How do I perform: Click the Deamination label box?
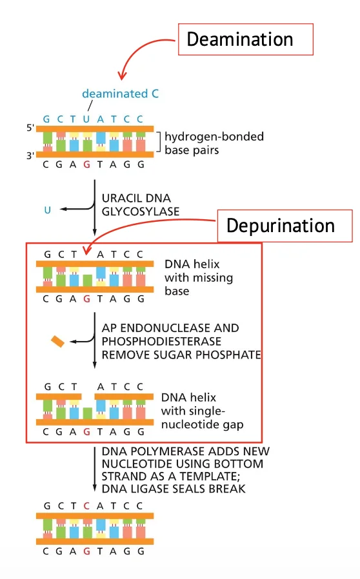pyautogui.click(x=246, y=39)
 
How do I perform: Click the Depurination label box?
pyautogui.click(x=285, y=226)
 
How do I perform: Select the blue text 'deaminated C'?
pyautogui.click(x=121, y=93)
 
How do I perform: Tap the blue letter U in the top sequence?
pyautogui.click(x=86, y=119)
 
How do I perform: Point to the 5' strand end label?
pyautogui.click(x=30, y=128)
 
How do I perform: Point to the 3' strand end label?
pyautogui.click(x=30, y=155)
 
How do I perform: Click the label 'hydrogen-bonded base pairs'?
pyautogui.click(x=214, y=143)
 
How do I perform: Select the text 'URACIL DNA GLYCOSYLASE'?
pyautogui.click(x=141, y=204)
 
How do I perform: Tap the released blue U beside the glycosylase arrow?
pyautogui.click(x=47, y=210)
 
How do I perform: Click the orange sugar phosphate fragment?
pyautogui.click(x=57, y=342)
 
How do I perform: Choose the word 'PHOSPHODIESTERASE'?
pyautogui.click(x=161, y=341)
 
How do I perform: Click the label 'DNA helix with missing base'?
pyautogui.click(x=199, y=277)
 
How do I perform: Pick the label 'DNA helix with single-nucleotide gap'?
pyautogui.click(x=202, y=411)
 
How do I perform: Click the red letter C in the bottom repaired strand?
pyautogui.click(x=86, y=505)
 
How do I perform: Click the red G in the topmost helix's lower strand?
pyautogui.click(x=87, y=164)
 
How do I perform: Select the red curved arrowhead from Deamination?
pyautogui.click(x=122, y=75)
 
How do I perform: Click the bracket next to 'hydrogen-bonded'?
pyautogui.click(x=159, y=142)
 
